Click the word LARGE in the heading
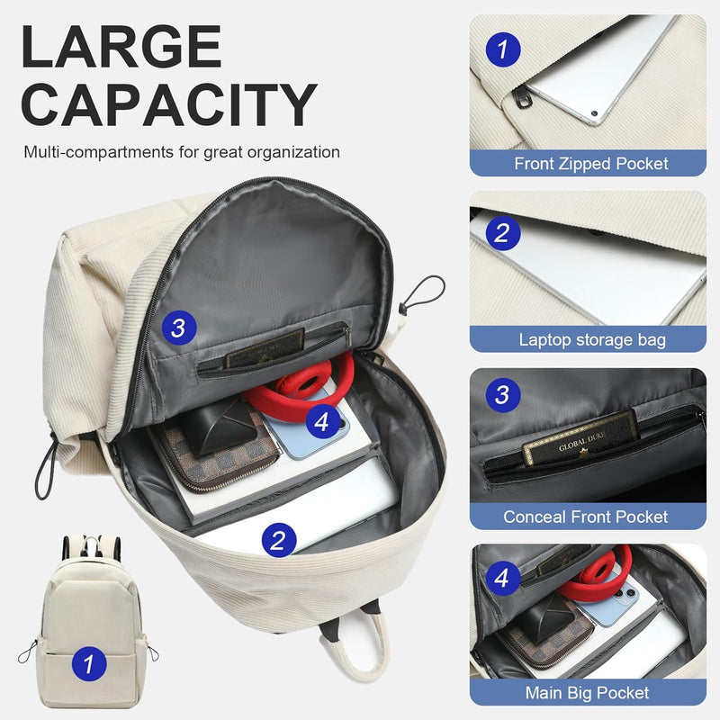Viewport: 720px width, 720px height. pos(121,47)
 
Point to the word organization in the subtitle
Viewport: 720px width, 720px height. pos(289,152)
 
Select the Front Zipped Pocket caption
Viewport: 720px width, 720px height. pos(591,164)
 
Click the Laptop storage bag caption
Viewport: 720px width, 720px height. pos(591,339)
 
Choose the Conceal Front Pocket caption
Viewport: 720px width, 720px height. pos(586,517)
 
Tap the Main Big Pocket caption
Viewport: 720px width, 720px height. pos(587,693)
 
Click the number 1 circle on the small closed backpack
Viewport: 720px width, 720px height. pos(87,665)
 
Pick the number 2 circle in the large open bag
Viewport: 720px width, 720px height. pos(278,539)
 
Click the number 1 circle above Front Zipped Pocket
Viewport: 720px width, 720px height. pos(502,49)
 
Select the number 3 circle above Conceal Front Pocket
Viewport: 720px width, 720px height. pos(502,393)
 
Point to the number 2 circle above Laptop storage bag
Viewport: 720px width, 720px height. pos(502,235)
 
